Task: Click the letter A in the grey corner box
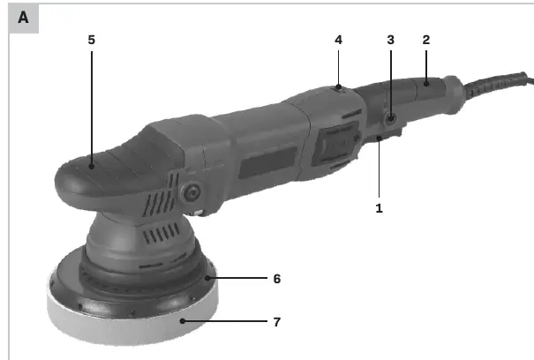coord(23,18)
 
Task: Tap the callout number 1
coord(379,208)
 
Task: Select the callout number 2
coord(426,40)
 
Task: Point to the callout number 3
coord(391,40)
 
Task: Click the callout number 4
coord(338,40)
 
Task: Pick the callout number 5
coord(91,40)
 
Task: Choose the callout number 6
coord(277,279)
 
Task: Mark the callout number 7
coord(277,322)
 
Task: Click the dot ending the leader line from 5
coord(91,167)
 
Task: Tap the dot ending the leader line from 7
coord(183,321)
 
